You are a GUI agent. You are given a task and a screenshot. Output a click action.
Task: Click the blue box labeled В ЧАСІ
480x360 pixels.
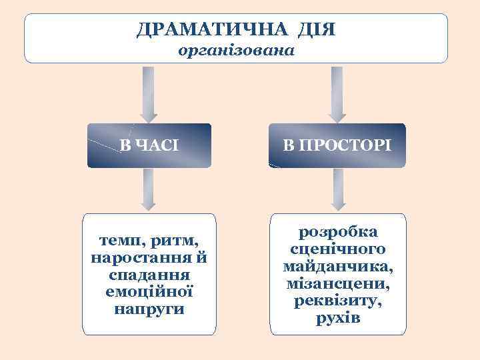[x=149, y=145]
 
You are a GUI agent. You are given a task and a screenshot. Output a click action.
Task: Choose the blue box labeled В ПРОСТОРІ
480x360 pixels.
[x=337, y=145]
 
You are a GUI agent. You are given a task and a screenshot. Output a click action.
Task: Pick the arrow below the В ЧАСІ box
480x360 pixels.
[x=149, y=189]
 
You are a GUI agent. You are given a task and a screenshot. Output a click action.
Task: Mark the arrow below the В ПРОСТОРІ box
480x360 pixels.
[x=339, y=189]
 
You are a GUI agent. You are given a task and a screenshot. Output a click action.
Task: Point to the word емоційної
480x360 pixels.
[x=149, y=292]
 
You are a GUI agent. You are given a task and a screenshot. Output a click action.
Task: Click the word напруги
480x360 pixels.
[x=149, y=309]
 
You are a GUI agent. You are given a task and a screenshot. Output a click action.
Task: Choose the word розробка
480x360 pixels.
[x=338, y=232]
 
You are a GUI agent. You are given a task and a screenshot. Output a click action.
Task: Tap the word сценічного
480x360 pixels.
[x=338, y=249]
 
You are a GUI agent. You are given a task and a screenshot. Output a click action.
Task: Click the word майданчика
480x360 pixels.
[x=338, y=267]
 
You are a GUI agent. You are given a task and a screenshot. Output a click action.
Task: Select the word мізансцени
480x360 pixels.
[x=338, y=283]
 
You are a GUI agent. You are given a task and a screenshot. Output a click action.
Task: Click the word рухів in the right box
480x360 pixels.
[x=338, y=318]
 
